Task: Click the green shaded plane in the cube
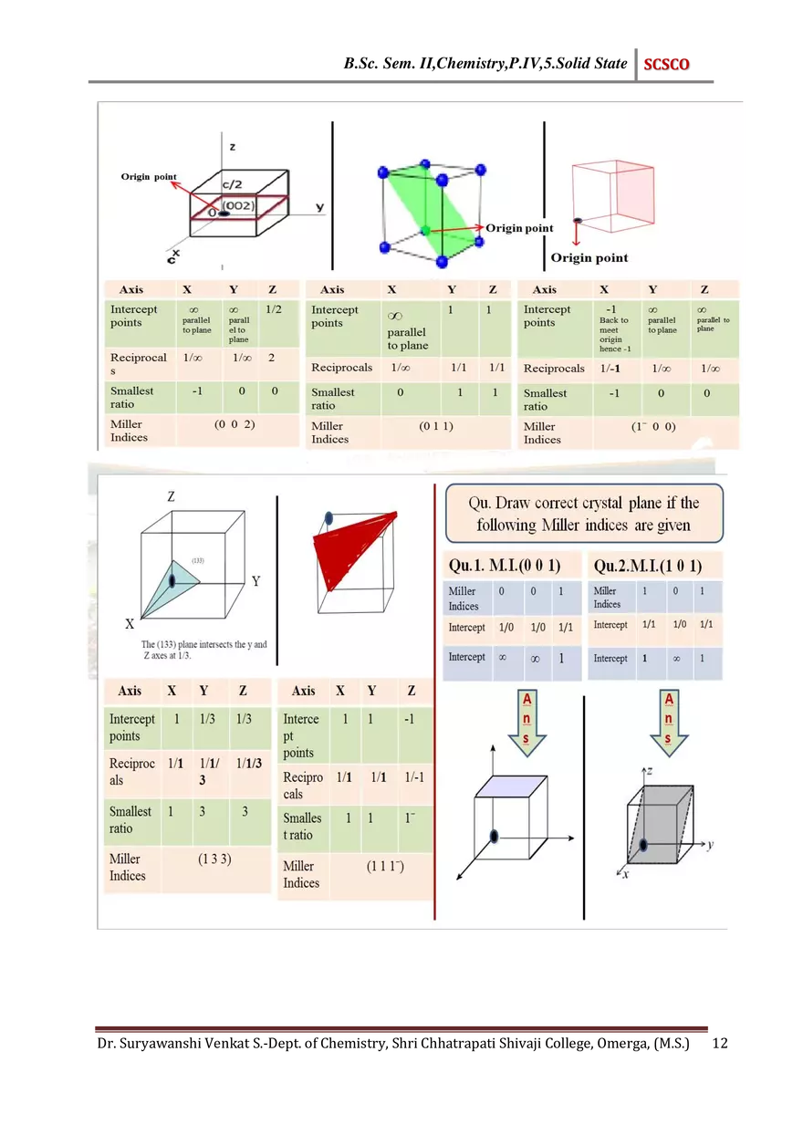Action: point(430,211)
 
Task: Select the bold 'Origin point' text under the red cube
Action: point(589,257)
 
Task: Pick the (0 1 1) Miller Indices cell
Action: point(436,427)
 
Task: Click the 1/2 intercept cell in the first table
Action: point(273,310)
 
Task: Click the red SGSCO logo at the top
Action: point(666,65)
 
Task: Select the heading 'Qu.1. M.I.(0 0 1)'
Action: point(504,566)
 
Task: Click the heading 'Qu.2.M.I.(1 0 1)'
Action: point(647,566)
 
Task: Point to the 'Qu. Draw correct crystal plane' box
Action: point(584,515)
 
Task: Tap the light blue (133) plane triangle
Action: point(175,583)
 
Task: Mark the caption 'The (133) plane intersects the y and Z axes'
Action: point(204,650)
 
